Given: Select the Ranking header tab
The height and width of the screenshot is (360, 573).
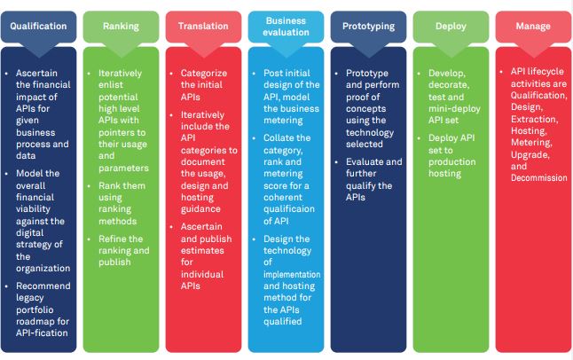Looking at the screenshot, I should click(121, 26).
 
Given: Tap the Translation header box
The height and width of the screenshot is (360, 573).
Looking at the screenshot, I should click(203, 26).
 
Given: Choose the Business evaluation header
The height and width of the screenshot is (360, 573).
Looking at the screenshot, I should click(286, 26).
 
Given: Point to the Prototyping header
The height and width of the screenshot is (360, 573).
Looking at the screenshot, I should click(368, 26).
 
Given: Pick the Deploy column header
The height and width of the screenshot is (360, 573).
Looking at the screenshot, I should click(451, 26).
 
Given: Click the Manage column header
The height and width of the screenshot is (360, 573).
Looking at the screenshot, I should click(532, 26).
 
